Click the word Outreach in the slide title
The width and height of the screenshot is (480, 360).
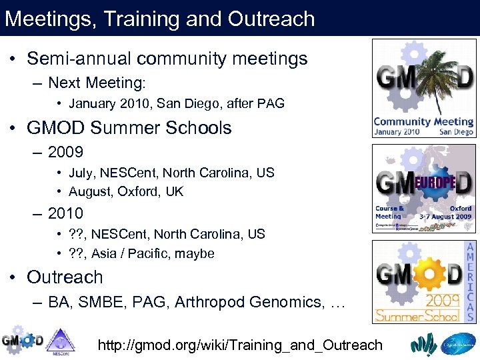[x=271, y=19]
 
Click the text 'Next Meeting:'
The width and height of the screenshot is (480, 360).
[x=97, y=83]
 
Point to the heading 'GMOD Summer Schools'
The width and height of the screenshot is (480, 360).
[x=129, y=128]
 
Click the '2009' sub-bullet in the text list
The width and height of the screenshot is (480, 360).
[x=65, y=152]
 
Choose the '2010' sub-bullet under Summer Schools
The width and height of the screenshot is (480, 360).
[x=65, y=213]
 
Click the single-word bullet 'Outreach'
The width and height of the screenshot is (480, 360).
[x=65, y=277]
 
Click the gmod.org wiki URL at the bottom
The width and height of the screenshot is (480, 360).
[x=240, y=345]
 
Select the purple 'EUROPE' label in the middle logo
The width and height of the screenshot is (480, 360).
[x=436, y=182]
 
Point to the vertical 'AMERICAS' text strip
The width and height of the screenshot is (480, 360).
[x=469, y=282]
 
